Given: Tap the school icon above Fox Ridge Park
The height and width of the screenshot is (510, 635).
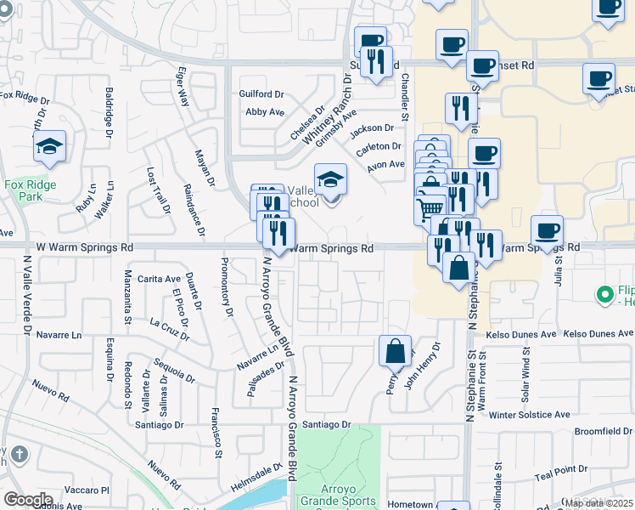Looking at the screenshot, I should (x=50, y=146).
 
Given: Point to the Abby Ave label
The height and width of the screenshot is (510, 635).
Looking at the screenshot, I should (x=264, y=112).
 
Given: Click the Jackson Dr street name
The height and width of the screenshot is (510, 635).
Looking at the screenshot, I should (x=373, y=128).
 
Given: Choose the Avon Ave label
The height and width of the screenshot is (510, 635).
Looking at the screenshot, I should (x=386, y=165).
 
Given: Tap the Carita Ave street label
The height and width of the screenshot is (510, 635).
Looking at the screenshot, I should (x=160, y=279).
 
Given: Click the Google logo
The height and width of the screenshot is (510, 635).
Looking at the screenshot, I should (x=28, y=500).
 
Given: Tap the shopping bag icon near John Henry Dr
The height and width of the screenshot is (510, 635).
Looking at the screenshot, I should (x=396, y=350).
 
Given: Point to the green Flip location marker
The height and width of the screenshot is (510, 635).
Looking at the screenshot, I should (x=604, y=295).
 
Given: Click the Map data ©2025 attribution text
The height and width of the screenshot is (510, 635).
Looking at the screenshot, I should (x=598, y=503).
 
